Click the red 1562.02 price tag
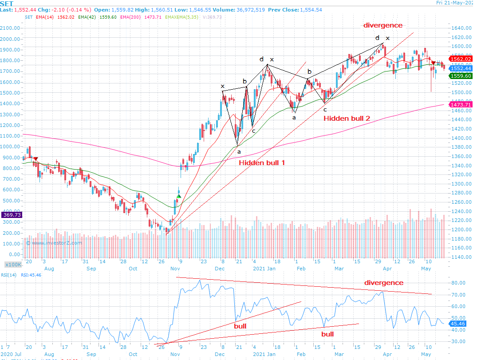tap(460, 59)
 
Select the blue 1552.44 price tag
tap(460, 68)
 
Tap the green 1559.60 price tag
tap(460, 76)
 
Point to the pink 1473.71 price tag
tap(460, 104)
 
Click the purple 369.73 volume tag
tap(11, 215)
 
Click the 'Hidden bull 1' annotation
tap(262, 163)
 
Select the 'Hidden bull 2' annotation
tap(347, 118)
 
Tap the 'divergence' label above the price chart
tap(383, 25)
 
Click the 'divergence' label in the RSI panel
tap(384, 283)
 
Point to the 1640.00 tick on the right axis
tap(462, 28)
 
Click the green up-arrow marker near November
tap(179, 196)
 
